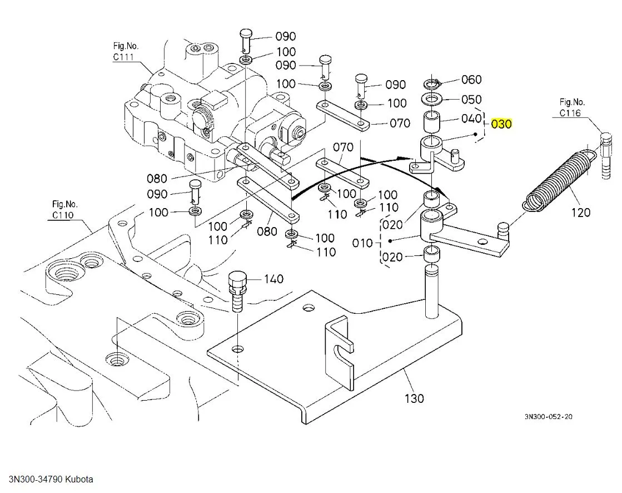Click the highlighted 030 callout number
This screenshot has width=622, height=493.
(501, 124)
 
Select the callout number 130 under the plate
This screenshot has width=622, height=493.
(414, 398)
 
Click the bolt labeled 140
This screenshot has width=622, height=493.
(236, 289)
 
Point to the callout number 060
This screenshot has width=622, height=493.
(471, 80)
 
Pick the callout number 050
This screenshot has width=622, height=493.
(471, 100)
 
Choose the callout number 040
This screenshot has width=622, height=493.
(471, 119)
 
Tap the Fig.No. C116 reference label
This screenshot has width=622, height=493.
(572, 107)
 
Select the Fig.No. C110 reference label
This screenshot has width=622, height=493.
(64, 209)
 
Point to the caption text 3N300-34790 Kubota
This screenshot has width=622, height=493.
(51, 479)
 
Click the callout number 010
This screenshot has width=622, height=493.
(363, 243)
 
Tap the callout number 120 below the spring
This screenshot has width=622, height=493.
(580, 212)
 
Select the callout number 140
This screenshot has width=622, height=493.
(273, 279)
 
